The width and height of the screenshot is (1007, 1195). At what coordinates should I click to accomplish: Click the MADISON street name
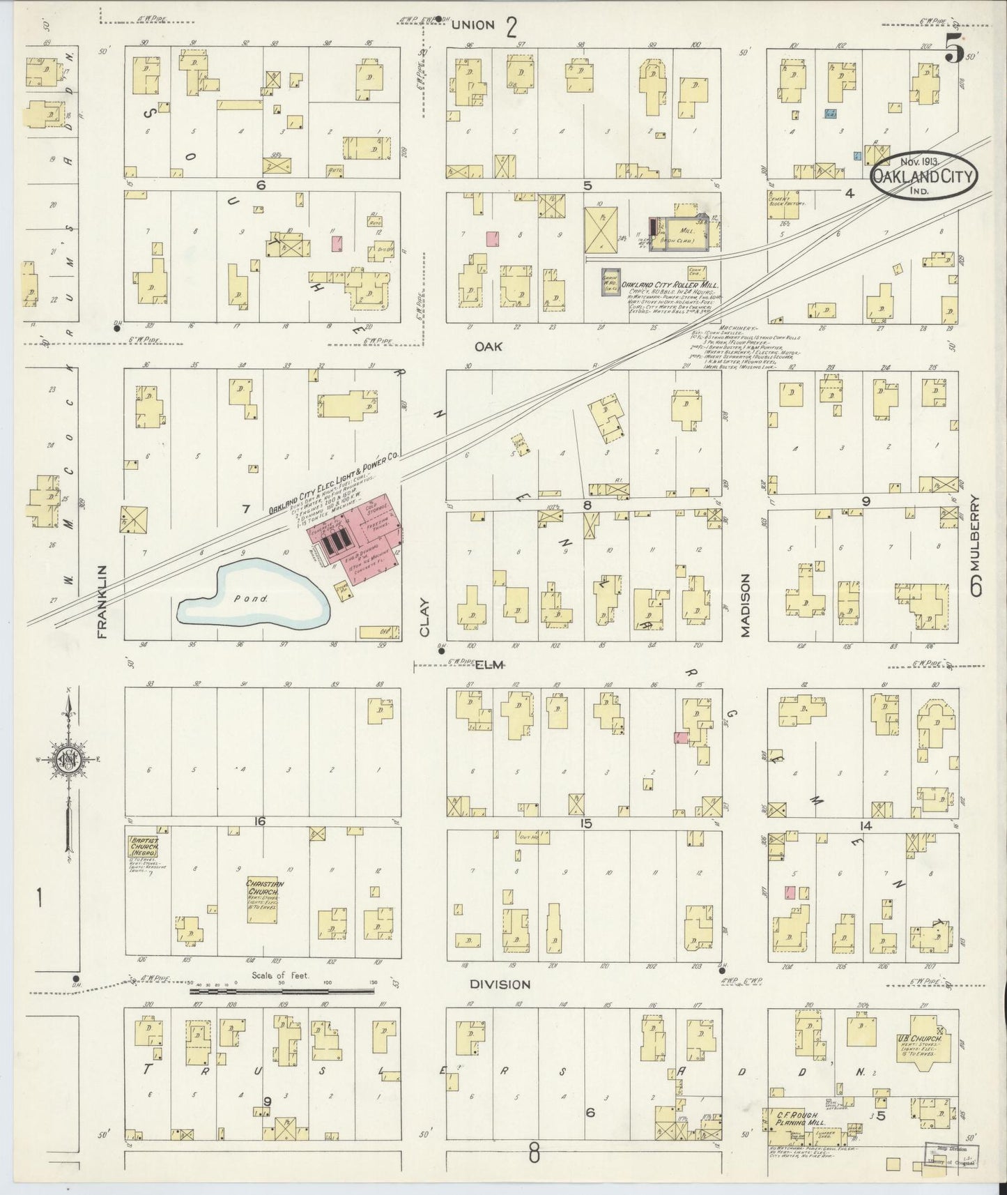tap(745, 605)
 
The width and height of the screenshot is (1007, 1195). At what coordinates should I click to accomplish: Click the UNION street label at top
tap(472, 25)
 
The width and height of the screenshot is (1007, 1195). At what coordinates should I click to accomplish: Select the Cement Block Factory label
tap(787, 199)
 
